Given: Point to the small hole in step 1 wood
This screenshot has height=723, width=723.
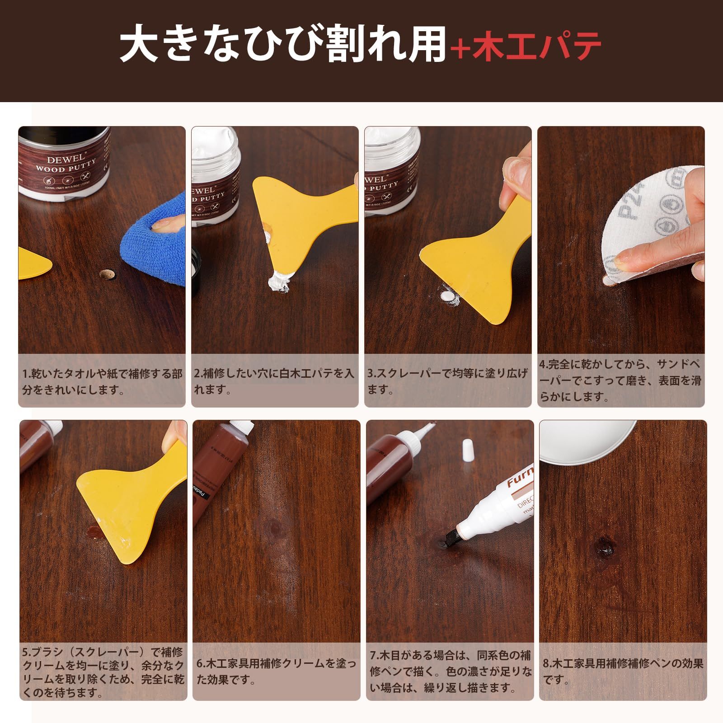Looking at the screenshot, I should point(107,274).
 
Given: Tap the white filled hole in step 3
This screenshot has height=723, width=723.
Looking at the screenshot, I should point(447,296).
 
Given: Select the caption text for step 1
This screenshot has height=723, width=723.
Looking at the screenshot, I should point(102,381).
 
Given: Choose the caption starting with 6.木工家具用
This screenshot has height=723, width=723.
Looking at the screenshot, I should point(276,671).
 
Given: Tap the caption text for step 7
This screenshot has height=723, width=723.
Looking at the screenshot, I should point(450,671).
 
